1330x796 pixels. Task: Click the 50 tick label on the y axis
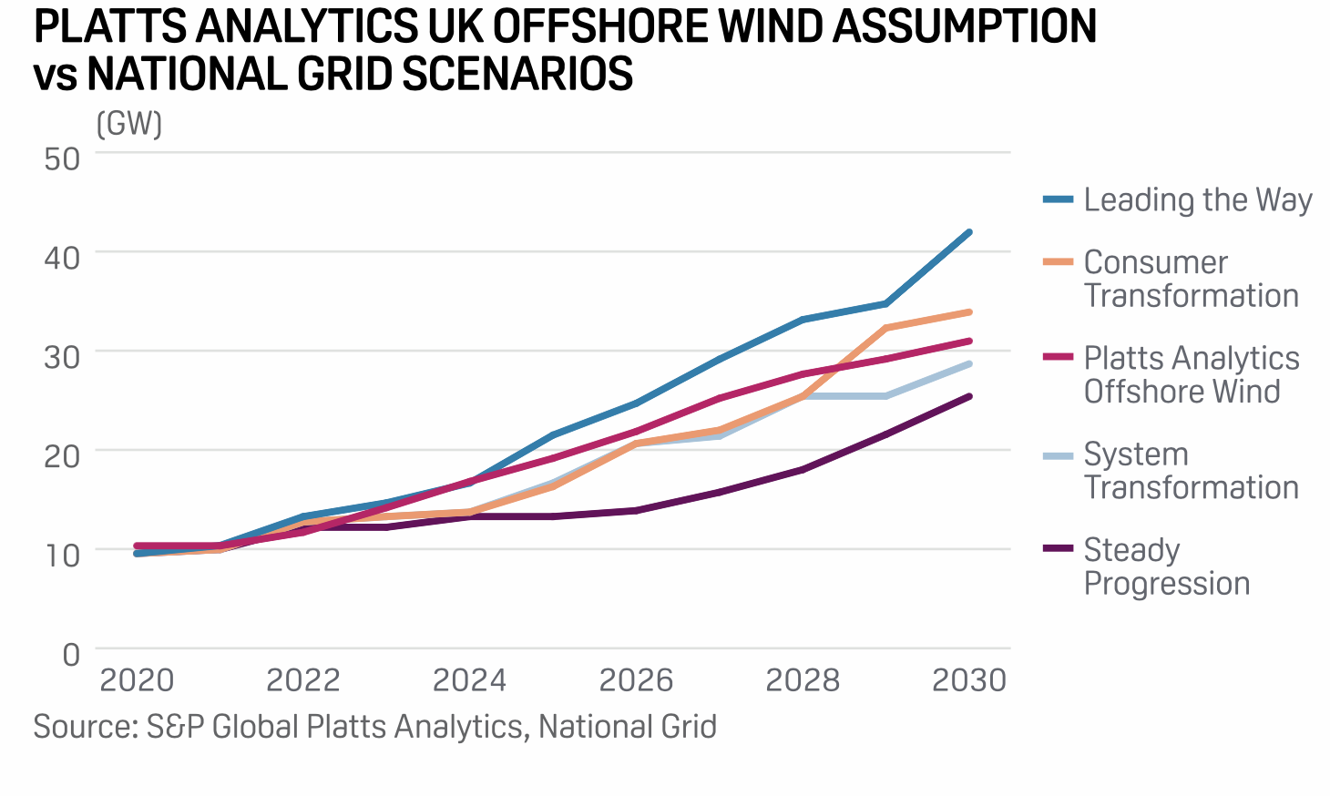[62, 158]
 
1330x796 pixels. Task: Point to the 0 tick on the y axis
[71, 654]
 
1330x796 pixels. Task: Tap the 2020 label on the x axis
[137, 680]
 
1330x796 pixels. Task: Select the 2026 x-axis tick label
[636, 680]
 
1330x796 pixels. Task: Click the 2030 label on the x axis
[969, 680]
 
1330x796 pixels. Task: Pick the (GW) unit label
[129, 123]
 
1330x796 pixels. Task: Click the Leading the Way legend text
[1198, 199]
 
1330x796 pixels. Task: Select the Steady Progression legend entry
[1166, 566]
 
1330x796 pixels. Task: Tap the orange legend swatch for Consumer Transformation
[1059, 262]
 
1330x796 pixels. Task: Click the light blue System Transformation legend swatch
[1059, 454]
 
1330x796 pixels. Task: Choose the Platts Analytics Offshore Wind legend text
[1191, 374]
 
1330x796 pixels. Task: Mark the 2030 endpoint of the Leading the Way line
[969, 232]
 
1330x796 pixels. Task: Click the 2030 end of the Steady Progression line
[969, 396]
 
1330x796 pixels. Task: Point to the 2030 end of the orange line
[969, 312]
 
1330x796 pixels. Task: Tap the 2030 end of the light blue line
[969, 363]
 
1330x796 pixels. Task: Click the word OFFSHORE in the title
[601, 26]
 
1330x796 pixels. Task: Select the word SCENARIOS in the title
[517, 74]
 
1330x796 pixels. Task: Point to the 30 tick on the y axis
[62, 356]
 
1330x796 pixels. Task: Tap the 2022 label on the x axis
[303, 680]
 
